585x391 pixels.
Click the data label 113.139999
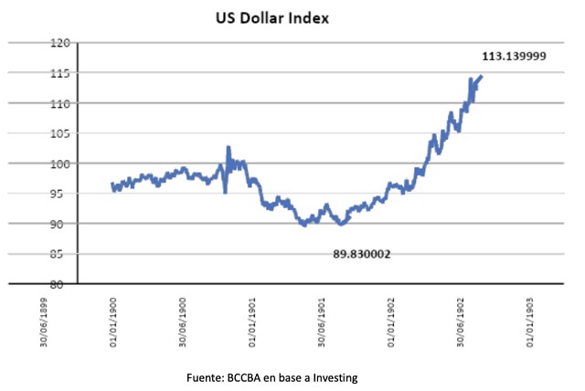pos(515,56)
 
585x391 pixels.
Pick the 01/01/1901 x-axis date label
pos(252,322)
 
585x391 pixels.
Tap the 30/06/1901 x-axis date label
pos(322,322)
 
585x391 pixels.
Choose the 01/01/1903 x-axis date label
pos(531,322)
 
